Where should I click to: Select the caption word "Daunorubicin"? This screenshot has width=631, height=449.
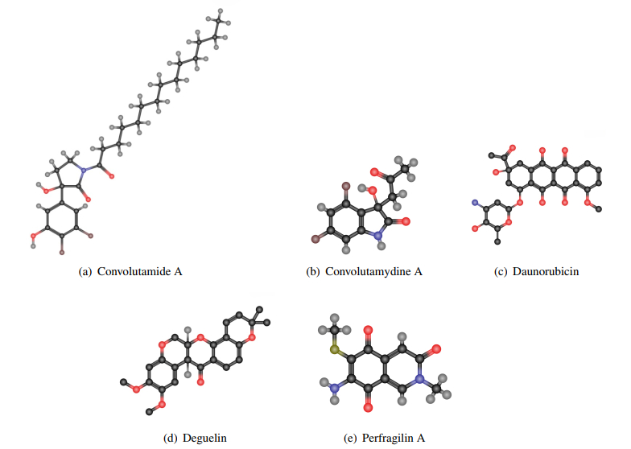tap(547, 272)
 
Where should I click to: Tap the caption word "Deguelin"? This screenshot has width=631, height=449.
tap(206, 438)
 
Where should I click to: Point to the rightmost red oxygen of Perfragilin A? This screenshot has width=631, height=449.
tap(437, 349)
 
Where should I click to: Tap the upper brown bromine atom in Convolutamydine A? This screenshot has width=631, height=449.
tap(344, 186)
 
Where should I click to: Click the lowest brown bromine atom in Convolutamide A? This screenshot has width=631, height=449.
tap(61, 253)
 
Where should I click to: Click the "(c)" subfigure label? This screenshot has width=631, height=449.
tap(501, 272)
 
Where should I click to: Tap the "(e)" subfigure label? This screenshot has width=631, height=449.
tap(350, 438)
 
